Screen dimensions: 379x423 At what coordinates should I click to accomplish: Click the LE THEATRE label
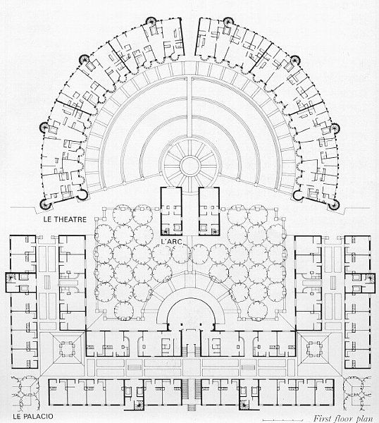click(65, 219)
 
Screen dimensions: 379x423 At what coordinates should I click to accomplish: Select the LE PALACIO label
click(33, 416)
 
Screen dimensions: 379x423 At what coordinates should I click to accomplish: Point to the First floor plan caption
click(344, 418)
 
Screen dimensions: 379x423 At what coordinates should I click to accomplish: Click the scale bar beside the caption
click(286, 419)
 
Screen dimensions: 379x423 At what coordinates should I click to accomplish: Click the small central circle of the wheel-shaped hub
click(190, 165)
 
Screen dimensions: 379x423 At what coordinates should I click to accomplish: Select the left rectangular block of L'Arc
click(171, 211)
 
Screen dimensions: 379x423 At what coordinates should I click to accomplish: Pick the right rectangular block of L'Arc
click(209, 211)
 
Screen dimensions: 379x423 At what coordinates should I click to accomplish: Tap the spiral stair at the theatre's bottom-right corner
click(334, 205)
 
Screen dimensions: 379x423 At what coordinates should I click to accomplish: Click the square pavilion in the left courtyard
click(67, 348)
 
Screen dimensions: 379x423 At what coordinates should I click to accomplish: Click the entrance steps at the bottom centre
click(191, 407)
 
